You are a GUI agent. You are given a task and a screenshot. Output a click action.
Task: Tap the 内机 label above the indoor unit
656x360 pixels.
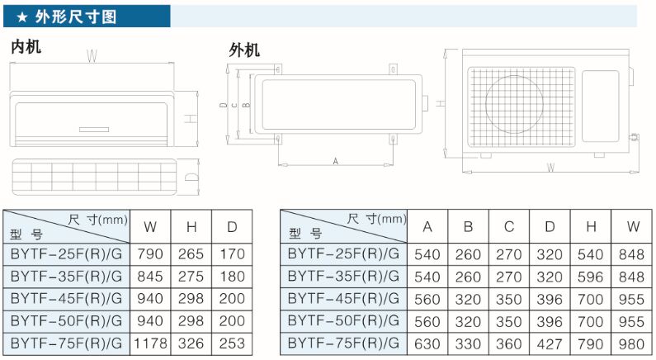[x=25, y=47]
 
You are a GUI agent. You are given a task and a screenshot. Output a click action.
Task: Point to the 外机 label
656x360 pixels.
[x=244, y=50]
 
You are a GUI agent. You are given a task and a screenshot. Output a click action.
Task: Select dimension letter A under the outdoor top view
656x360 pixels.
[x=335, y=160]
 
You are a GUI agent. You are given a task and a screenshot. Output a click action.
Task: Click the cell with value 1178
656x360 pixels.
[x=151, y=343]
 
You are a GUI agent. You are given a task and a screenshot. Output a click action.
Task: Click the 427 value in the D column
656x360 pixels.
[x=550, y=343]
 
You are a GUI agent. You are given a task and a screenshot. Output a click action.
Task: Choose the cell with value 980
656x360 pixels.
[x=633, y=343]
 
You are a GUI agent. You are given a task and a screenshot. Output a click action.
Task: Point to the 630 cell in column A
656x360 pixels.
[x=427, y=343]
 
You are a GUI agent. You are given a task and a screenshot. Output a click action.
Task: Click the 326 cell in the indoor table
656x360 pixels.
[x=191, y=343]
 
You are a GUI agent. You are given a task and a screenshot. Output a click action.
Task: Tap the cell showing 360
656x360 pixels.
[x=509, y=343]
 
